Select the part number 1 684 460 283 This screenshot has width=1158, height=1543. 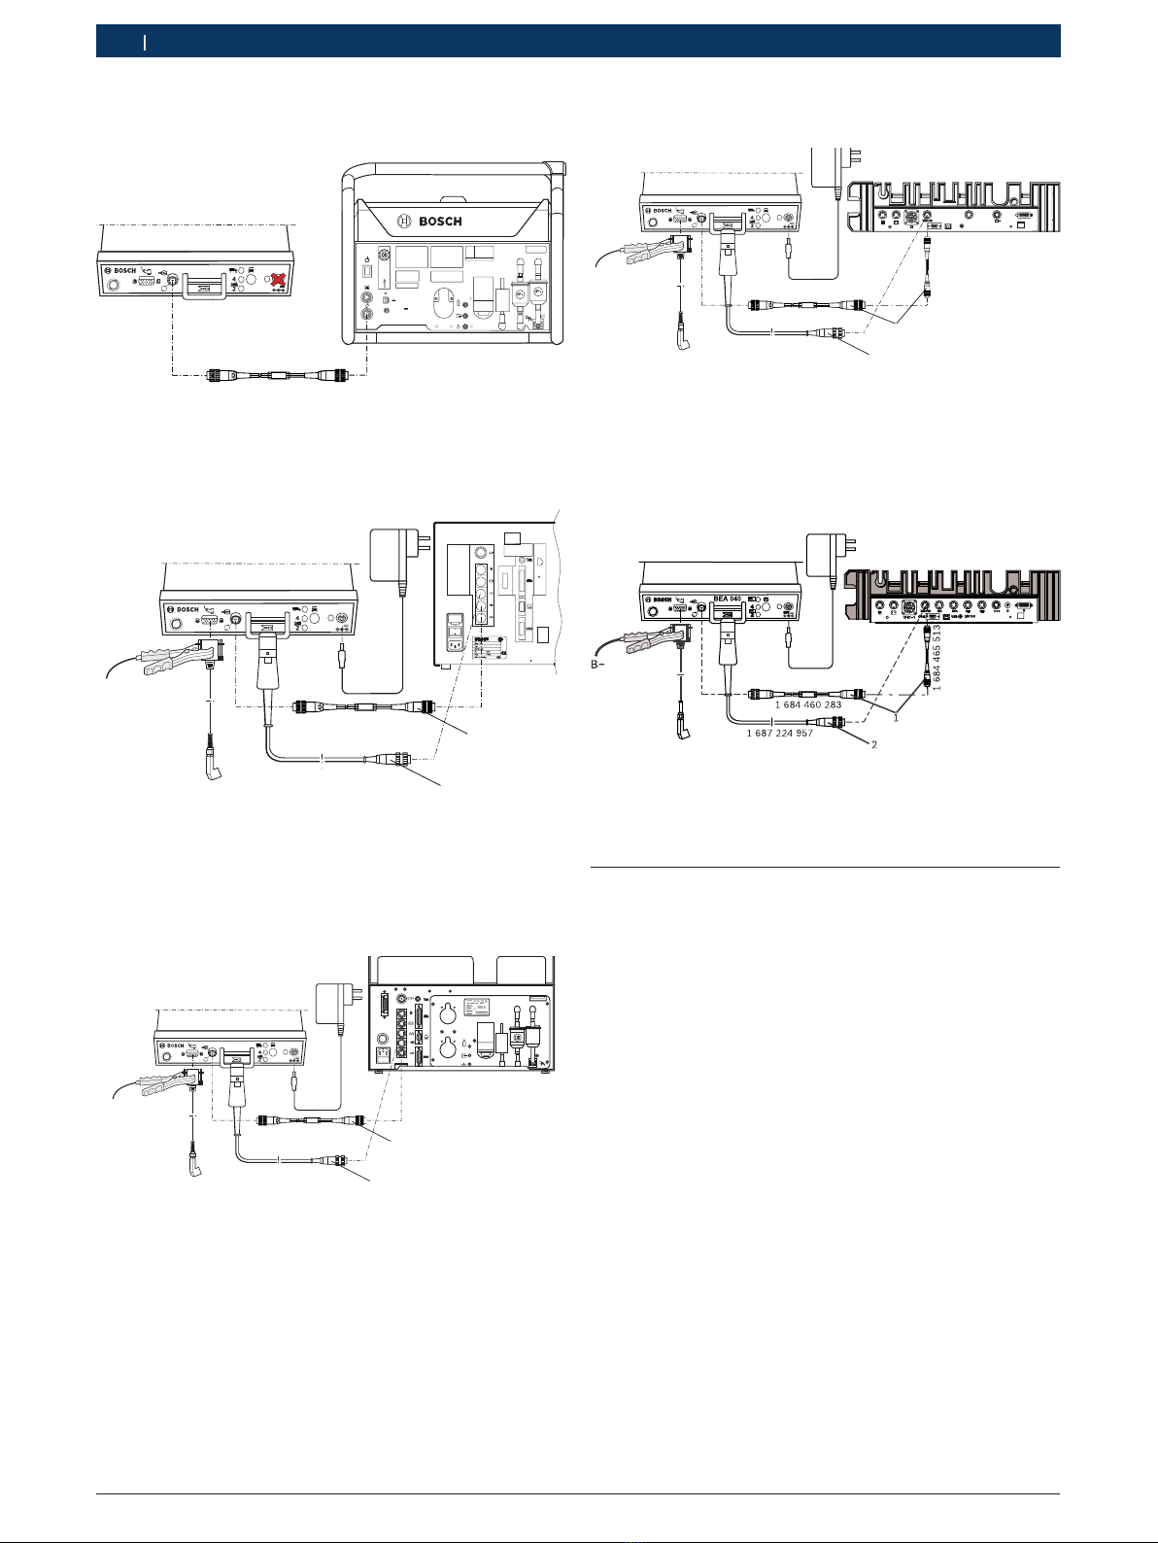pyautogui.click(x=807, y=704)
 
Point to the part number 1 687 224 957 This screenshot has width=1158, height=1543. pyautogui.click(x=779, y=733)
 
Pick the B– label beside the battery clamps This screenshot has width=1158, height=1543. pyautogui.click(x=602, y=666)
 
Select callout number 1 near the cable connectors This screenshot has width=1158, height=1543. pyautogui.click(x=895, y=719)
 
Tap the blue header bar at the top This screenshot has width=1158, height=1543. pyautogui.click(x=578, y=41)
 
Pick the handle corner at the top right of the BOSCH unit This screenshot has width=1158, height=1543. pyautogui.click(x=559, y=171)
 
